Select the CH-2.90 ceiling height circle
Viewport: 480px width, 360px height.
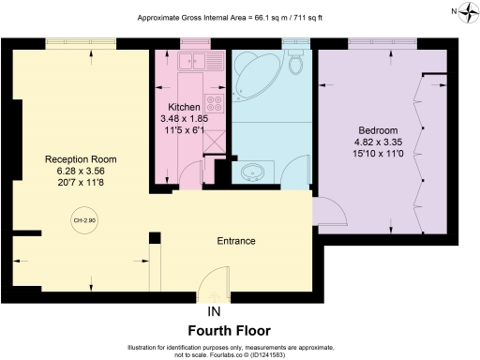83,220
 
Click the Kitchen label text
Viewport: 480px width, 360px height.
184,106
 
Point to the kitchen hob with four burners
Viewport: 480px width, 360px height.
214,104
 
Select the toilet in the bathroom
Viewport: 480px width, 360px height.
297,64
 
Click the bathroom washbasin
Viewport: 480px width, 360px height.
253,173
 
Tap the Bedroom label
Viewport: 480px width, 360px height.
378,130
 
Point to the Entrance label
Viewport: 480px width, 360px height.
236,241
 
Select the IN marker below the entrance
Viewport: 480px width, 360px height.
215,311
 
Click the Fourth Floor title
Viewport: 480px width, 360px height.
230,331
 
